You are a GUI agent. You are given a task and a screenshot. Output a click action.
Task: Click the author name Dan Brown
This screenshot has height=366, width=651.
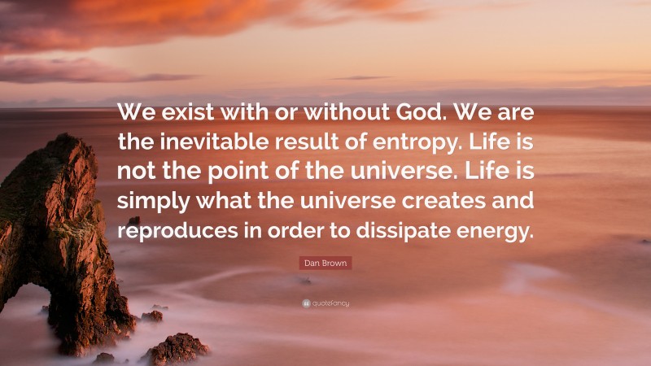point(325,264)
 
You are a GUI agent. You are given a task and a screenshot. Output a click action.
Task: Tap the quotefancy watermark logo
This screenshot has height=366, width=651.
point(325,303)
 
